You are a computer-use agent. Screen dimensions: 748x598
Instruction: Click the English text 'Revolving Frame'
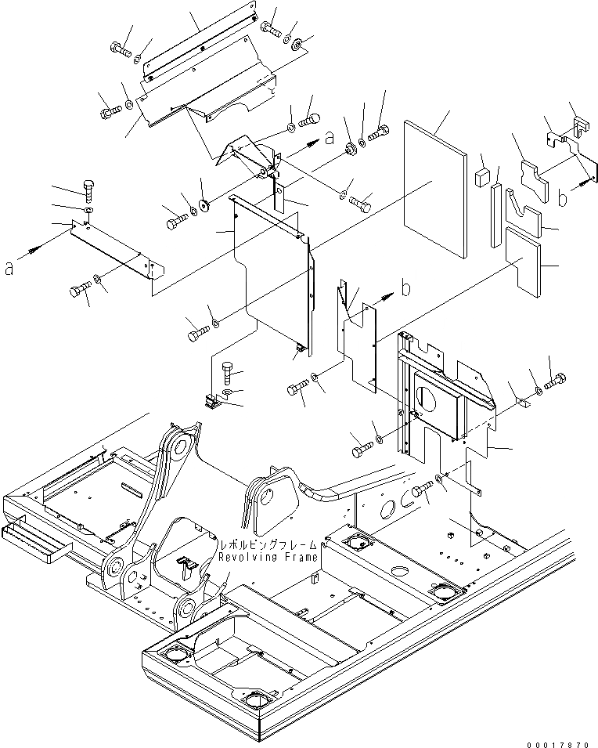pos(268,557)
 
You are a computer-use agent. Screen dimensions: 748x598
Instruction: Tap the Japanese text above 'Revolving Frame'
pos(268,544)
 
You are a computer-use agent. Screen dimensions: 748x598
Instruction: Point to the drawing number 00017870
pos(561,737)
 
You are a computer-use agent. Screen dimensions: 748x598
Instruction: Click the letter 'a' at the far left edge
pos(9,268)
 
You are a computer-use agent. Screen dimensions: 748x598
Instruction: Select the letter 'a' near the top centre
pos(330,137)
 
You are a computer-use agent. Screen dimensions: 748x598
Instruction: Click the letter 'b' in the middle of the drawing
pos(405,288)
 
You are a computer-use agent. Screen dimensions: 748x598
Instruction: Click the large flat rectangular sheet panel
pos(435,188)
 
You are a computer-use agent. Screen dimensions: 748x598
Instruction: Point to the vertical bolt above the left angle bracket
pos(88,190)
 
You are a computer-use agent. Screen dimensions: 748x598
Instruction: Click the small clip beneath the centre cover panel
pos(212,402)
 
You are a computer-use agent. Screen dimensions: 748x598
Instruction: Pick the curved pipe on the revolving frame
pos(344,489)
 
